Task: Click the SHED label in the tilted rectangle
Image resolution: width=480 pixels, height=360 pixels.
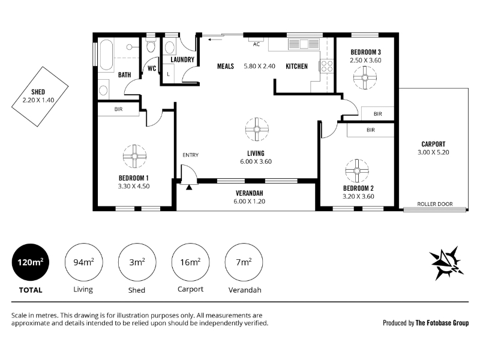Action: point(38,92)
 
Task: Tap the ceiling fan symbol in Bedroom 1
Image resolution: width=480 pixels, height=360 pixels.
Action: point(134,157)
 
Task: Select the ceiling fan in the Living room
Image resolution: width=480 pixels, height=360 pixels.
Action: point(257,130)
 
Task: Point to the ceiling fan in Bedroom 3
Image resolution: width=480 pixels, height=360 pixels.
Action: point(365,78)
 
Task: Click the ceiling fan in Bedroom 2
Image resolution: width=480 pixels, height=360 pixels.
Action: point(357,171)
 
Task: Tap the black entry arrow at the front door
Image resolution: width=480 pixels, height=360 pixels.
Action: point(189,187)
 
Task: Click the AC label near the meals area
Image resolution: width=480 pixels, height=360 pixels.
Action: point(256,44)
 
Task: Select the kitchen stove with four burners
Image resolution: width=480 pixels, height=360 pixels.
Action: point(326,66)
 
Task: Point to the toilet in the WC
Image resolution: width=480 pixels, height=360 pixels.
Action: point(151,46)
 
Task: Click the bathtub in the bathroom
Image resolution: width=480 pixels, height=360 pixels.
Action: point(107,55)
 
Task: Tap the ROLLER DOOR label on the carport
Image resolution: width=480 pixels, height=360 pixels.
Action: point(434,204)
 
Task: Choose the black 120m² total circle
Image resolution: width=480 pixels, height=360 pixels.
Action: point(31,262)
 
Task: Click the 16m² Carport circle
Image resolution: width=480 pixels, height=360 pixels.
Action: point(190,262)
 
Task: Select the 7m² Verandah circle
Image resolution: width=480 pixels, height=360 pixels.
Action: point(244,262)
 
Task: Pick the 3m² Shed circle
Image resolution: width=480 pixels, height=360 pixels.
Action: point(137,262)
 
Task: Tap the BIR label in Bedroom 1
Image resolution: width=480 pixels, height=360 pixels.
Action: point(118,109)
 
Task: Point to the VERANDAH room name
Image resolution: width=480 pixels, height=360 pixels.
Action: point(249,193)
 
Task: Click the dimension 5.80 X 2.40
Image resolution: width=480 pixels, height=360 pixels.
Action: point(259,66)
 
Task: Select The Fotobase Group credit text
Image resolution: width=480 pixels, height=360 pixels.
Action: point(442,323)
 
